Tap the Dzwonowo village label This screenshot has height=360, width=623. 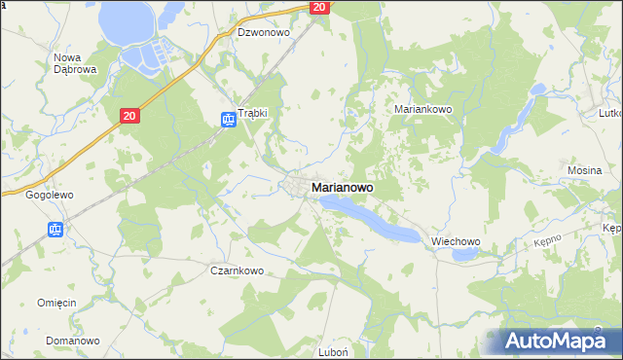(x=265, y=32)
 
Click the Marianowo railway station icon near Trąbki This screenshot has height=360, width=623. (x=227, y=120)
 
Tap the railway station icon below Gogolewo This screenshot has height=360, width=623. (x=55, y=231)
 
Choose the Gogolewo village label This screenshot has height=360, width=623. (x=50, y=195)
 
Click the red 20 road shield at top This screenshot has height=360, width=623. (x=320, y=7)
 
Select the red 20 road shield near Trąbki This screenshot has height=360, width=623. (x=131, y=116)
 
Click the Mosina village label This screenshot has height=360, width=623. (x=585, y=170)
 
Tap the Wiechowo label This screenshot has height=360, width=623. (x=457, y=241)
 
